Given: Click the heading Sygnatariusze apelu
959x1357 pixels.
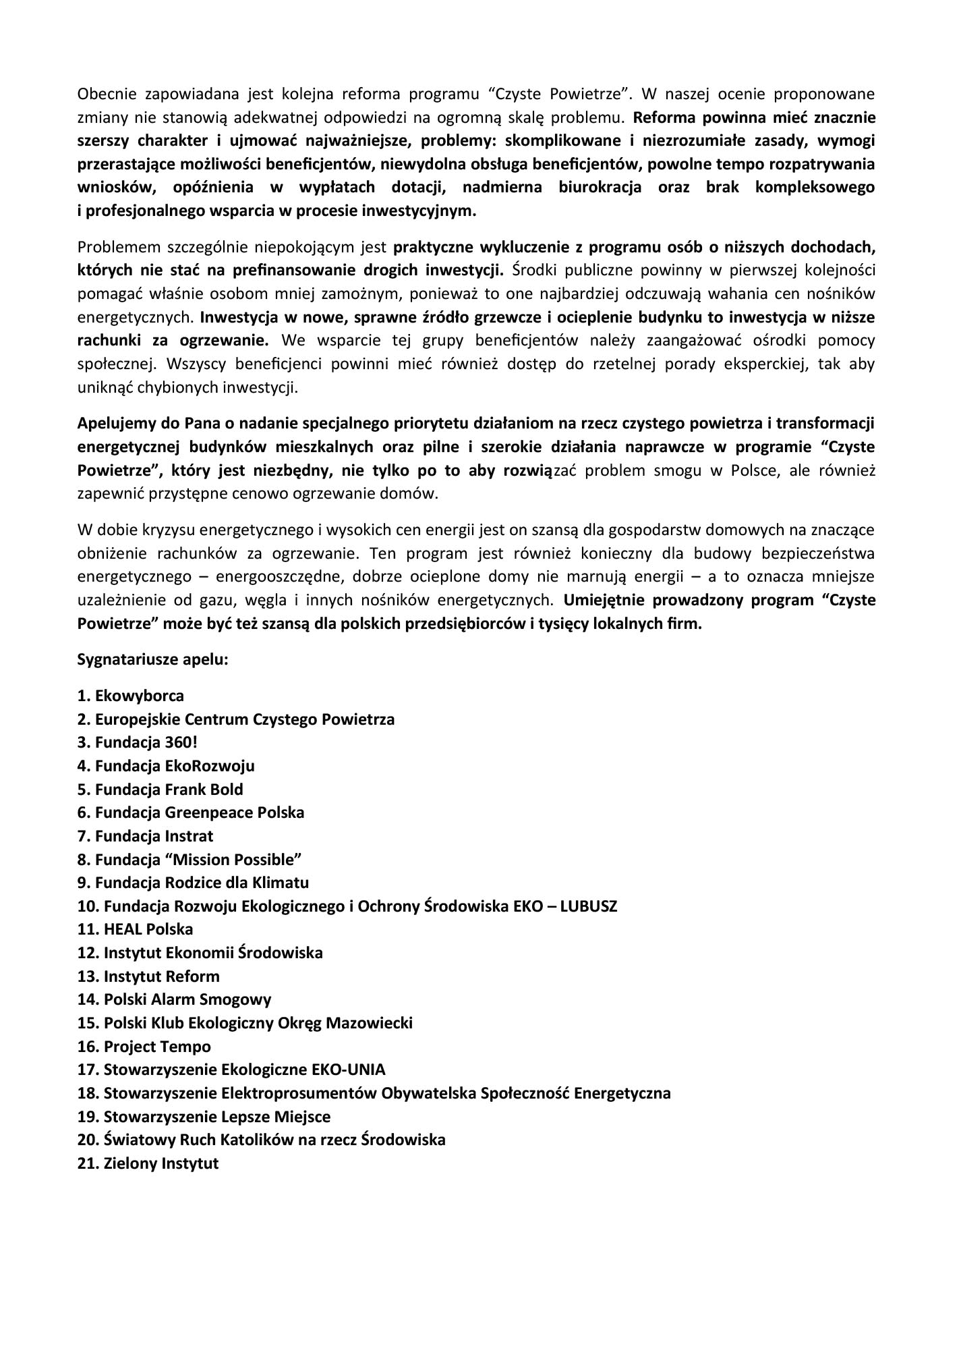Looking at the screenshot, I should point(153,659).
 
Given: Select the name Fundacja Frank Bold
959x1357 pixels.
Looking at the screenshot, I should point(169,790).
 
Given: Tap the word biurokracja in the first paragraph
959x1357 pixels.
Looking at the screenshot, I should point(600,187).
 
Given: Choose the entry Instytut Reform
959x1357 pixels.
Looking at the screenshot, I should point(161,976).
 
